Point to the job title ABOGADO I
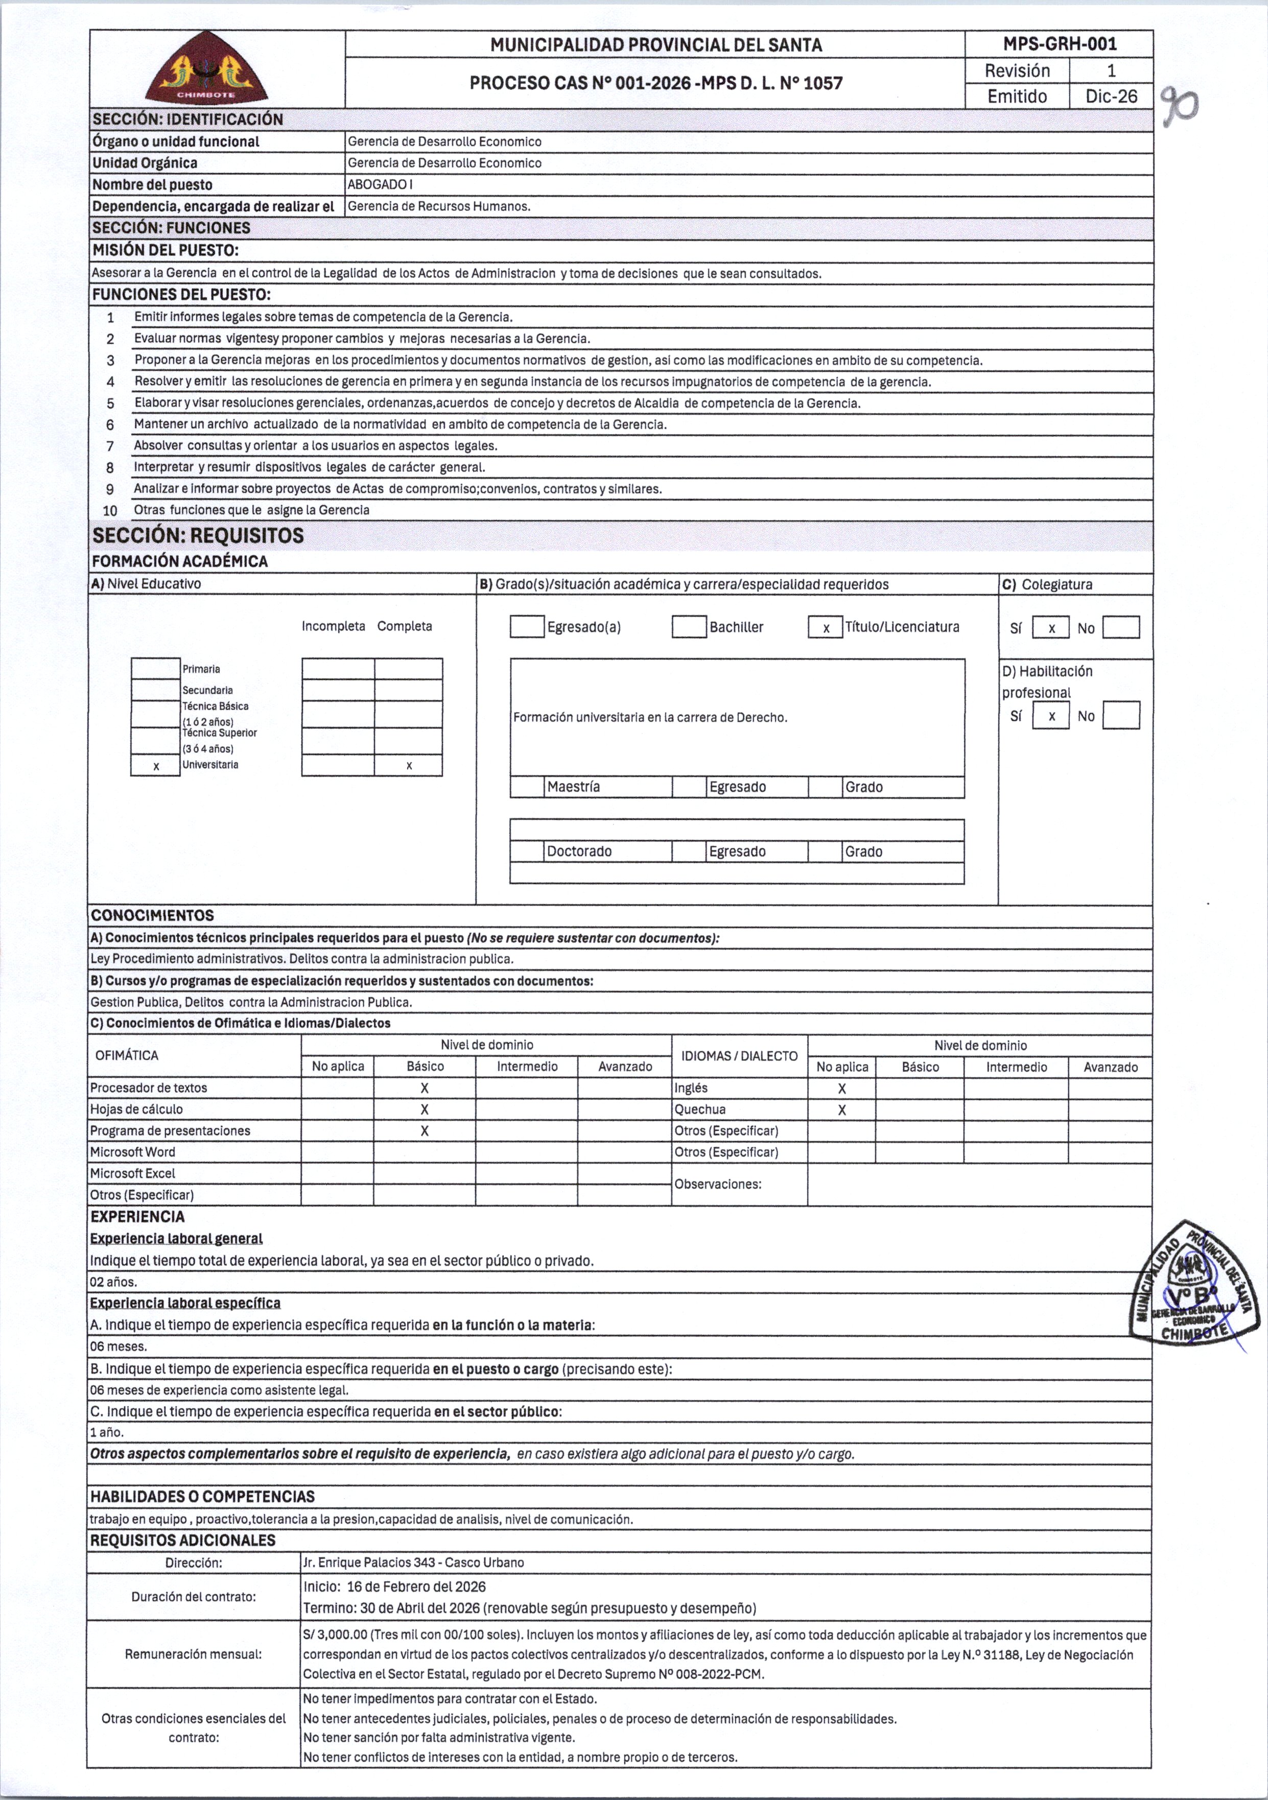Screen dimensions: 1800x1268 pos(380,185)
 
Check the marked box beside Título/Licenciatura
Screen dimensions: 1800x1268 pos(826,628)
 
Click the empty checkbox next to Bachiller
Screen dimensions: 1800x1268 pos(689,627)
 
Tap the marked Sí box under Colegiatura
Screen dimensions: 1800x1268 pos(1051,628)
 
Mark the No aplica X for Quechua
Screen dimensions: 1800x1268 pos(841,1110)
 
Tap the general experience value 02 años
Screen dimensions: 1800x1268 pos(114,1282)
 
